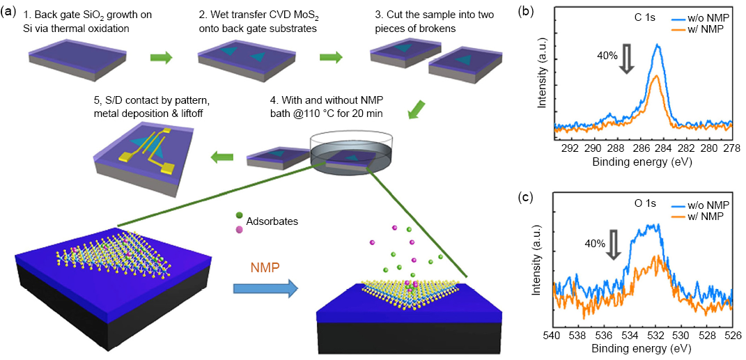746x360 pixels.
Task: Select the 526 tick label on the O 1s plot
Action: pyautogui.click(x=731, y=334)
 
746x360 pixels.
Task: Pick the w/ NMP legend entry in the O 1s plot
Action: pyautogui.click(x=702, y=217)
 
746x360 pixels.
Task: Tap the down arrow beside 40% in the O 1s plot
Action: pyautogui.click(x=614, y=245)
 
